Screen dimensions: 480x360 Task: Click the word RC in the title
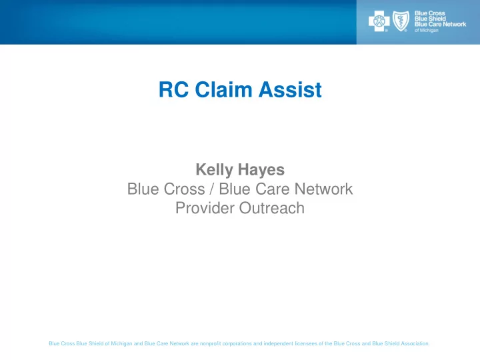(173, 90)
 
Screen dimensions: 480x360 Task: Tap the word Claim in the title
(223, 90)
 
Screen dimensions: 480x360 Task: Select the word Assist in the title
(290, 90)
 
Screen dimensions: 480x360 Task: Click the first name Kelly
(214, 170)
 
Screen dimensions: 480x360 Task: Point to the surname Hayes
(261, 170)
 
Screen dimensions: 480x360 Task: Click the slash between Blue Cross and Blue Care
(212, 189)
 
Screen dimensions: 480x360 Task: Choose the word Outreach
(272, 208)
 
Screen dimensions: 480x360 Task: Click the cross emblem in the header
(379, 21)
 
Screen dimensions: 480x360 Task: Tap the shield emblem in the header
(401, 21)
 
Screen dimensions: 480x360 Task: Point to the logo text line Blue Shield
(430, 19)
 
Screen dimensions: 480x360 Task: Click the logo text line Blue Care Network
(440, 24)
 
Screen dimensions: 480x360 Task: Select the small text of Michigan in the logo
(427, 30)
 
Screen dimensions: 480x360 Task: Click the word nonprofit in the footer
(210, 343)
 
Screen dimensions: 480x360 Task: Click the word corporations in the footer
(237, 343)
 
